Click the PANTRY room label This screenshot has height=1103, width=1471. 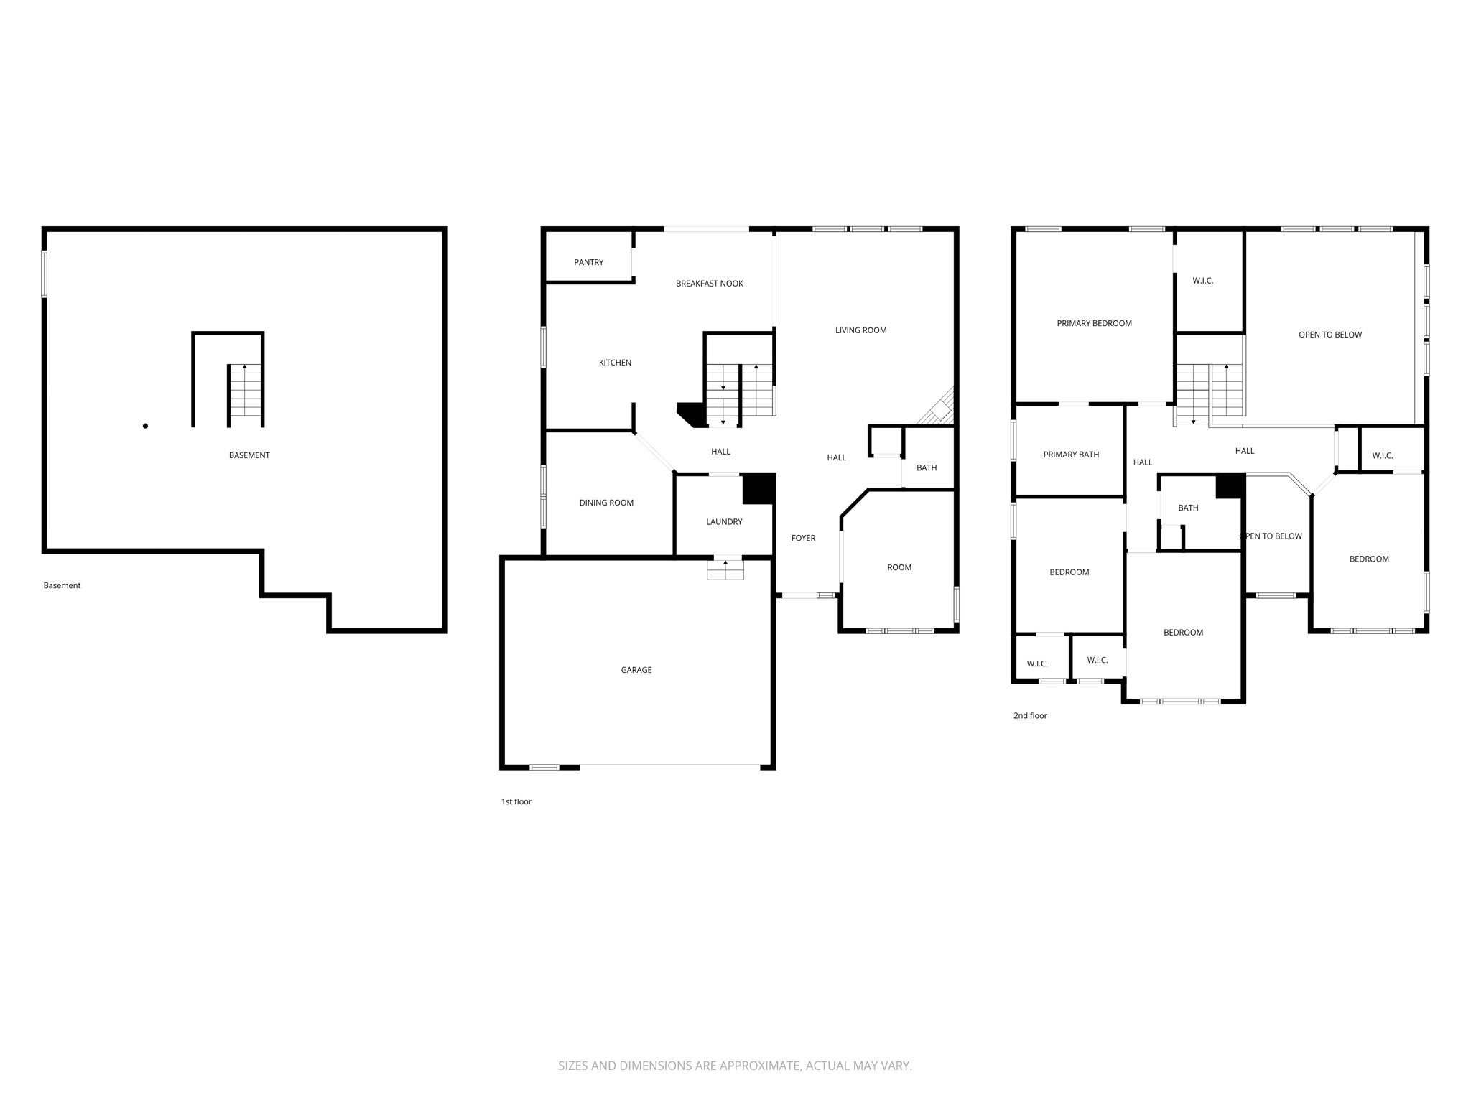[588, 262]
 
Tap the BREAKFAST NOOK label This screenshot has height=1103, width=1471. [709, 284]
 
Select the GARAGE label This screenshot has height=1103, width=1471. [636, 670]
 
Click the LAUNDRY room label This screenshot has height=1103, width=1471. [723, 522]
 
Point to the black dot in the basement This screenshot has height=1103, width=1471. [145, 426]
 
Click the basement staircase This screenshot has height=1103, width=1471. [245, 391]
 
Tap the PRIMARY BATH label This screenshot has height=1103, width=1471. [1070, 455]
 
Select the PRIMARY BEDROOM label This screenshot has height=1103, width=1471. [1093, 323]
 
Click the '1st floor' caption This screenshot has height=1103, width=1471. [516, 801]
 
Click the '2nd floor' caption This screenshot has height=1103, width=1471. [1029, 715]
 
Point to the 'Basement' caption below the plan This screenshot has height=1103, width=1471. [62, 585]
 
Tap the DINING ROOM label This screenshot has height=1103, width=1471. [605, 503]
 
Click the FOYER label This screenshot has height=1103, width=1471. [802, 538]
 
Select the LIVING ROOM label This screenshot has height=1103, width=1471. [860, 330]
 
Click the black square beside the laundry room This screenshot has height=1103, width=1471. [758, 488]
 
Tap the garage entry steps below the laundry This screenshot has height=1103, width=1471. [725, 569]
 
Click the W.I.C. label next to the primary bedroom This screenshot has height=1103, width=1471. [1202, 281]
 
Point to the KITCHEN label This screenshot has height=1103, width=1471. [615, 363]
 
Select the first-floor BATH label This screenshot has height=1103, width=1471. [926, 467]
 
